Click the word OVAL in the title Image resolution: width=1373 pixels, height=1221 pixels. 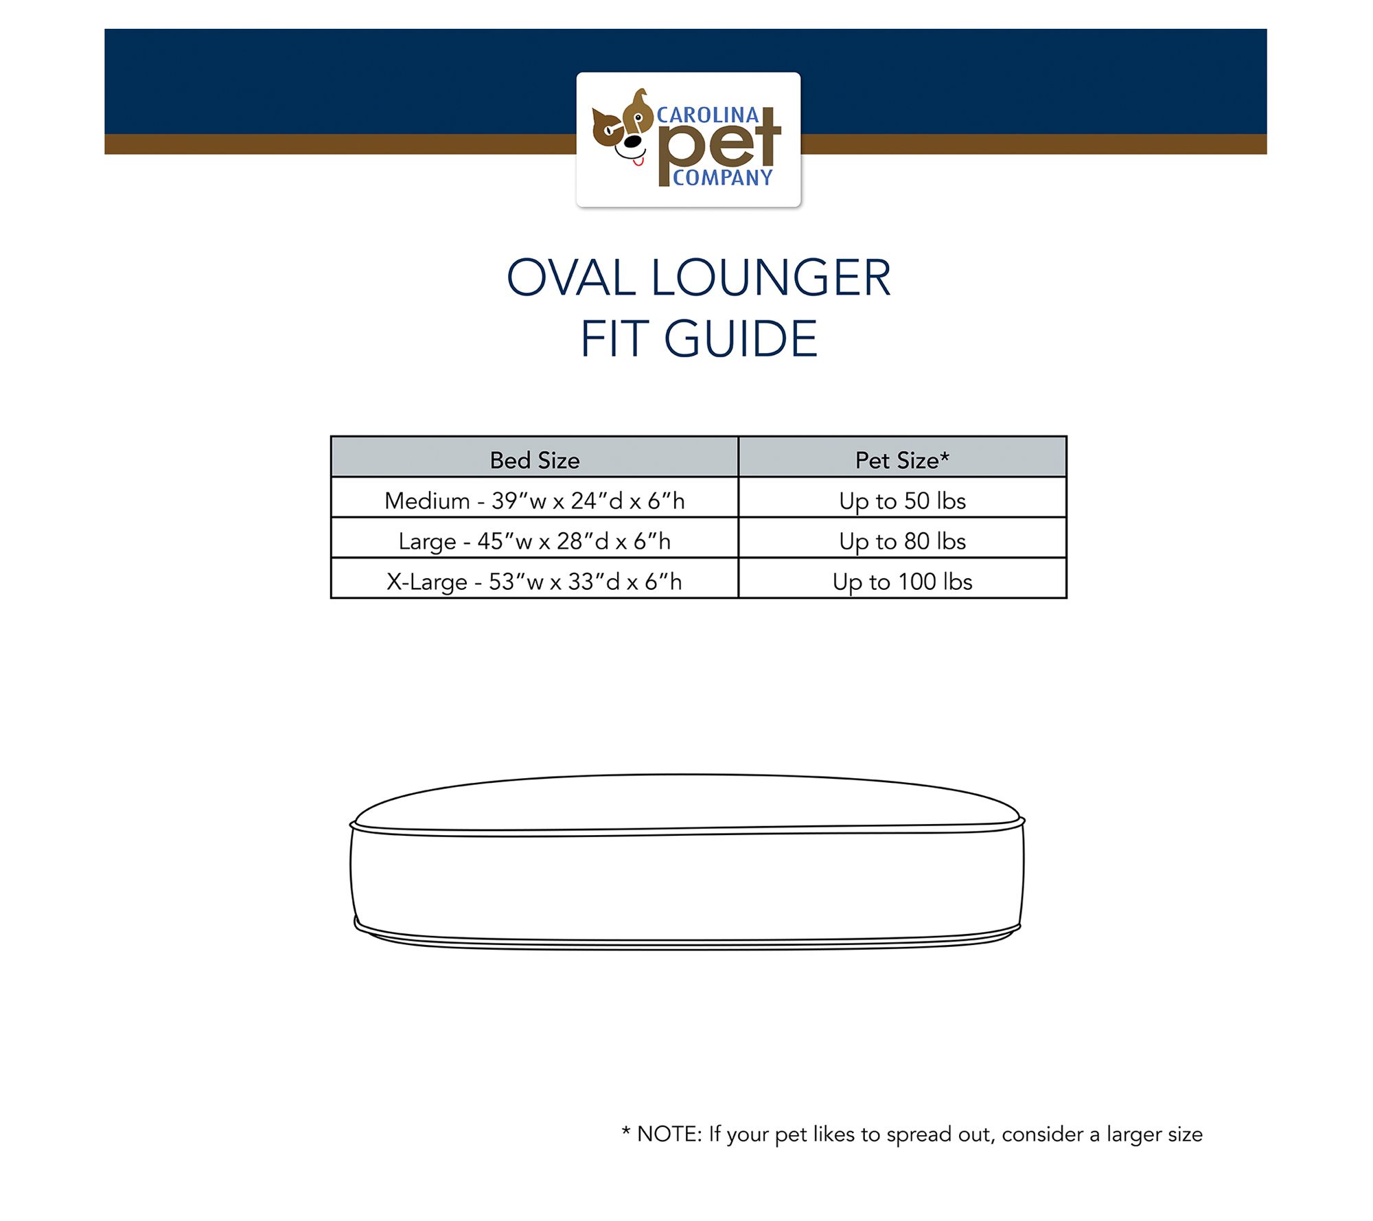[571, 278]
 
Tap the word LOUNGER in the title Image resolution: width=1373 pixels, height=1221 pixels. [771, 278]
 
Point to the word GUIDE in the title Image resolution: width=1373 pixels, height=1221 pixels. [741, 339]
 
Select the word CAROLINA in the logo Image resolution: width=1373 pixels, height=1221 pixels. [708, 115]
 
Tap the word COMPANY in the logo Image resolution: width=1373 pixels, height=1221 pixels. [722, 178]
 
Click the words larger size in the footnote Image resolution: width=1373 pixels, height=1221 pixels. [1154, 1134]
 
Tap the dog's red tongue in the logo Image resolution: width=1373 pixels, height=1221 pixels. [638, 162]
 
